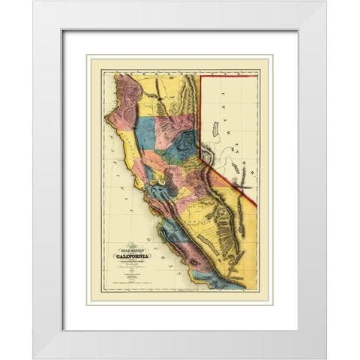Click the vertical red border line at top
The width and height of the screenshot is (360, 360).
click(200, 112)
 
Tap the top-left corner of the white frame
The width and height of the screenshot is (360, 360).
click(34, 2)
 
